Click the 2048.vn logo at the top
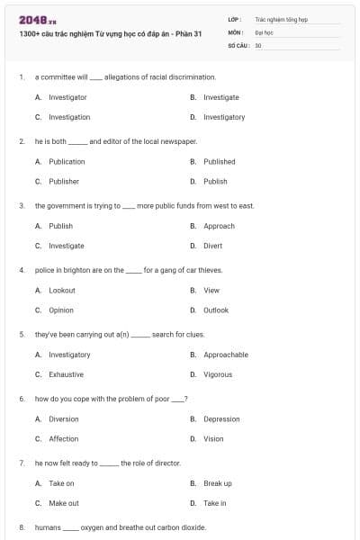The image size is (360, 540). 31,20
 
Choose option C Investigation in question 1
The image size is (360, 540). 68,117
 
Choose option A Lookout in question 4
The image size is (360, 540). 61,291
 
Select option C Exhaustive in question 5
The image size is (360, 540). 66,374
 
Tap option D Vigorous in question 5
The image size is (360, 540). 217,374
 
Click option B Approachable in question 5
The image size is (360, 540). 225,355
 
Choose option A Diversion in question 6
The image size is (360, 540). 63,419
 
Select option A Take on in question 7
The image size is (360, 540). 61,483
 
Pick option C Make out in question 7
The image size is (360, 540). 63,503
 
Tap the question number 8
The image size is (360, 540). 21,527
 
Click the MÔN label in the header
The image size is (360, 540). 236,31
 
